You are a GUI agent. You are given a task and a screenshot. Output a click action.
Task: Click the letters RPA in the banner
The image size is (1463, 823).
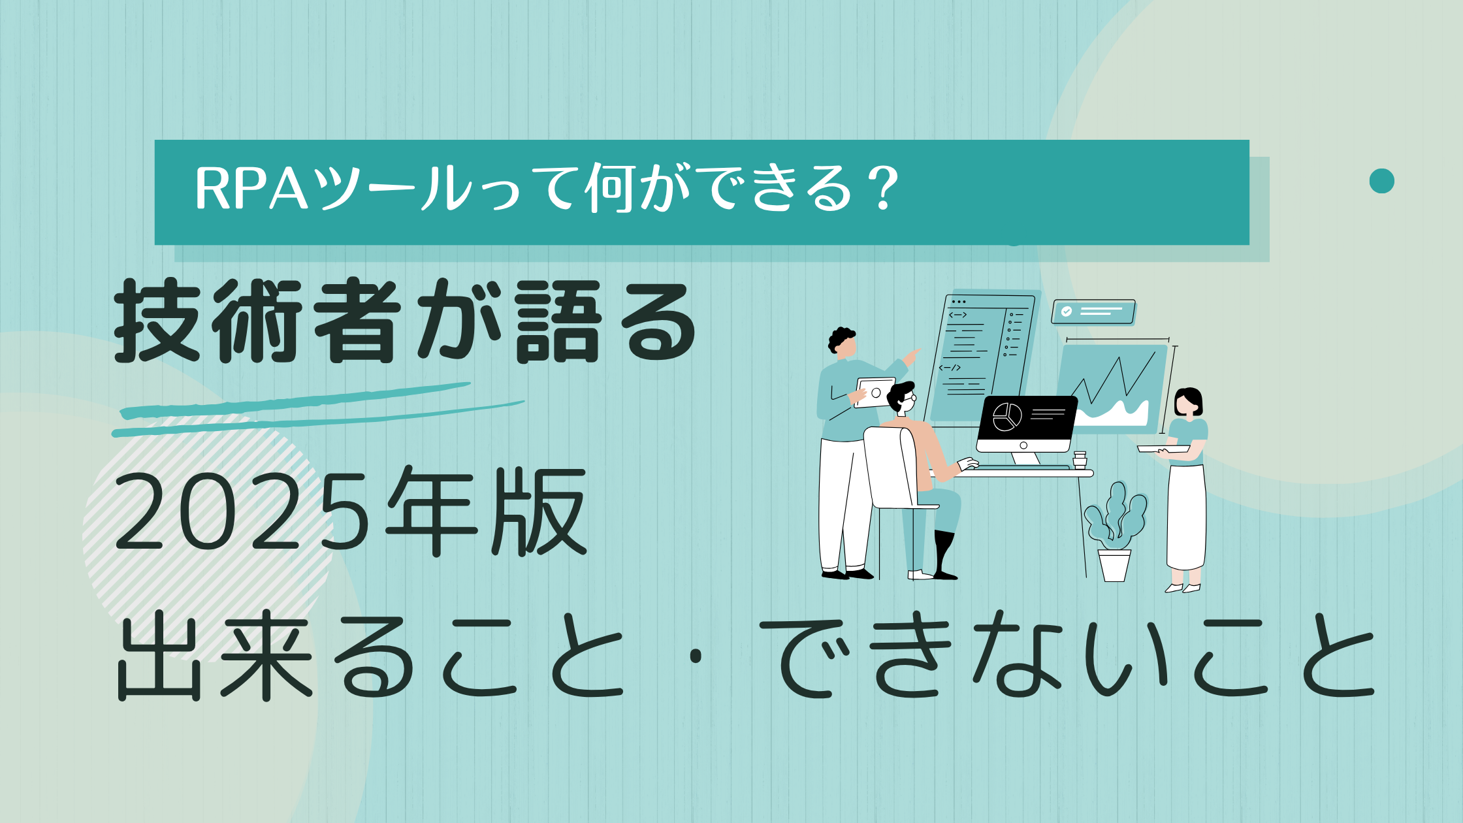tap(251, 189)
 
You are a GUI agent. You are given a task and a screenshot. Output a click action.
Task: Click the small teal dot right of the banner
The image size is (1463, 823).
tap(1381, 181)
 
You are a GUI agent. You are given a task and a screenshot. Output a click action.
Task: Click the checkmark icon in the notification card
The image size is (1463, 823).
tap(1066, 312)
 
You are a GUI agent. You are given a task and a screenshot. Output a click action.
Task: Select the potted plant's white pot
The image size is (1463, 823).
tap(1114, 565)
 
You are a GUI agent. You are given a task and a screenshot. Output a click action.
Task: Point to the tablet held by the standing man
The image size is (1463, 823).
tap(875, 393)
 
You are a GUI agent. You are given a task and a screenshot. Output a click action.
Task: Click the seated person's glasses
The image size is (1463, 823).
tap(910, 398)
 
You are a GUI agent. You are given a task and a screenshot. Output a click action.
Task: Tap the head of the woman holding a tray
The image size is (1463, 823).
tap(1188, 402)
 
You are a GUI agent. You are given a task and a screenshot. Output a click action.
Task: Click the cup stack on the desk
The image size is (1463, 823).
tap(1079, 460)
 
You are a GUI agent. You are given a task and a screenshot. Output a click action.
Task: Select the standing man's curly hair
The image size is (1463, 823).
tap(841, 338)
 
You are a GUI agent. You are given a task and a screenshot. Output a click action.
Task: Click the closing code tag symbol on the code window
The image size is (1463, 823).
tap(950, 368)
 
